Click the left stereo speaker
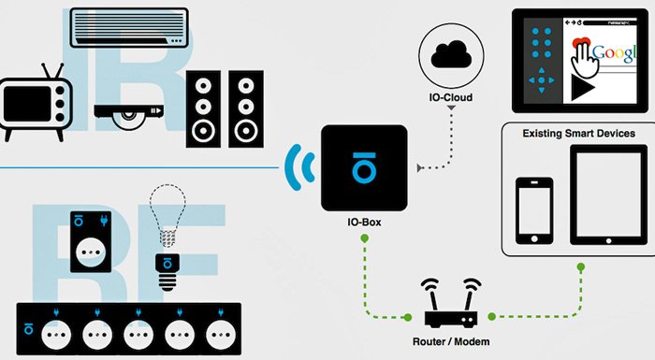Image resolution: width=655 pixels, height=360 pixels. [203, 108]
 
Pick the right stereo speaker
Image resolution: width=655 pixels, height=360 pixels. [245, 108]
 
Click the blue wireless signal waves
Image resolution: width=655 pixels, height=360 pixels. [298, 167]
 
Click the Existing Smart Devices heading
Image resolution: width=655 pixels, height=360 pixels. [577, 134]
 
